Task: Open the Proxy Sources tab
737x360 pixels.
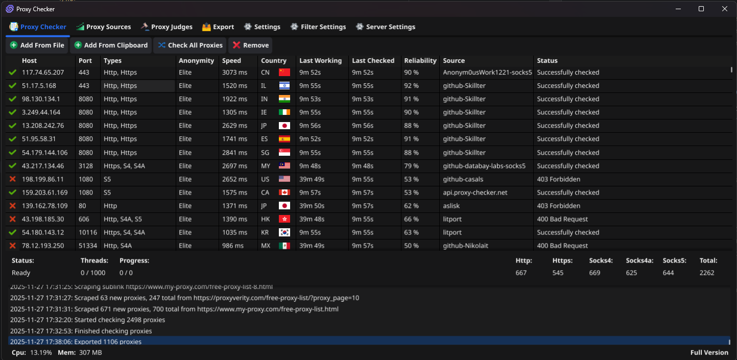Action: click(104, 27)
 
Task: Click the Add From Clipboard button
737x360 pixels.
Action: click(111, 45)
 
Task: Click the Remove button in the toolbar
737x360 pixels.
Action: click(250, 45)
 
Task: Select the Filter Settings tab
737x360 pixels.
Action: click(318, 27)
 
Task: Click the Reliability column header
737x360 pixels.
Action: click(420, 61)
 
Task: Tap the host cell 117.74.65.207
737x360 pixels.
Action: click(43, 73)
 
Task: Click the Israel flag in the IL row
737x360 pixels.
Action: click(284, 86)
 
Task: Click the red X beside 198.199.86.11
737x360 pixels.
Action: click(13, 179)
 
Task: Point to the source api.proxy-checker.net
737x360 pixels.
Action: click(475, 193)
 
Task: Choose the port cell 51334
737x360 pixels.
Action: click(87, 246)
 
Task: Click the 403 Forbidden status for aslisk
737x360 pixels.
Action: click(558, 206)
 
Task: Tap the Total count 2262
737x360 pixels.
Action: click(707, 273)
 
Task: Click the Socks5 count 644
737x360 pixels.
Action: click(669, 273)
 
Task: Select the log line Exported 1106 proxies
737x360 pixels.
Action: click(108, 342)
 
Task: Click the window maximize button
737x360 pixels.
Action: click(701, 9)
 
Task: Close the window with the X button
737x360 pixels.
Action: click(725, 9)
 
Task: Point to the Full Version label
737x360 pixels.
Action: click(709, 352)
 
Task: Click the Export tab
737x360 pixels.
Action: click(218, 27)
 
